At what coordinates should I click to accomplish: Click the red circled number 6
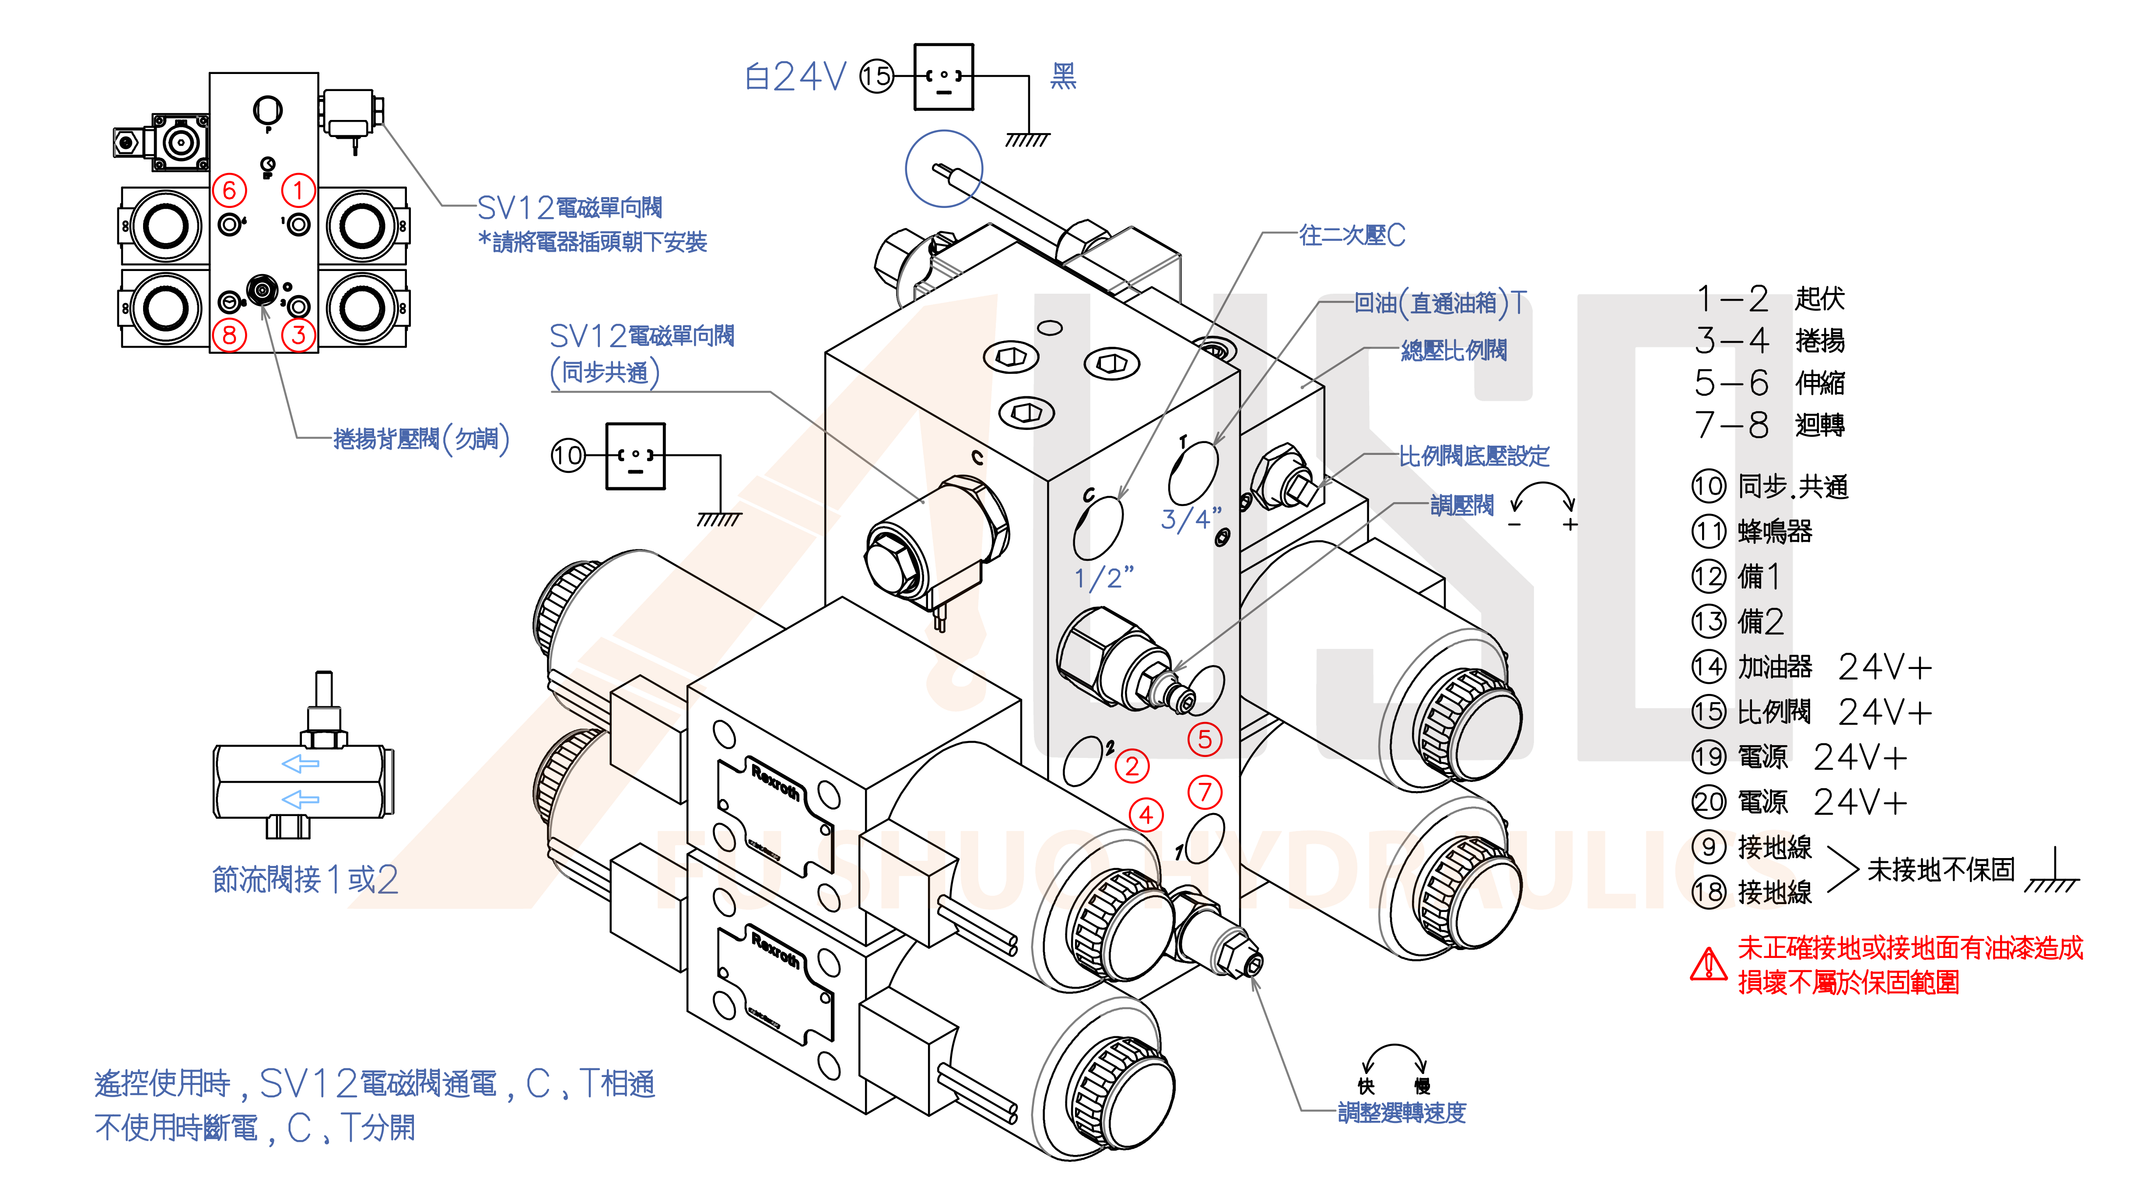(x=230, y=191)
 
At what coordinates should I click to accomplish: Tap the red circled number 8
(x=230, y=335)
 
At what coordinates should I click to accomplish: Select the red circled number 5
(x=1204, y=739)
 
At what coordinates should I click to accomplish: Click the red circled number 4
(x=1146, y=814)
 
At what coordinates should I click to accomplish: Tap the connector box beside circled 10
(x=635, y=455)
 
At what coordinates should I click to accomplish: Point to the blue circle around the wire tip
(x=944, y=168)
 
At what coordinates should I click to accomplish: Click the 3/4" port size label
(x=1190, y=519)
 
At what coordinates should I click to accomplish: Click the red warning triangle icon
(x=1709, y=964)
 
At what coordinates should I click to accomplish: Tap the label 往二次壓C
(x=1352, y=236)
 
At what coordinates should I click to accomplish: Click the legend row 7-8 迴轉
(x=1769, y=425)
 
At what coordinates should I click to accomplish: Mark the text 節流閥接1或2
(x=305, y=879)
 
